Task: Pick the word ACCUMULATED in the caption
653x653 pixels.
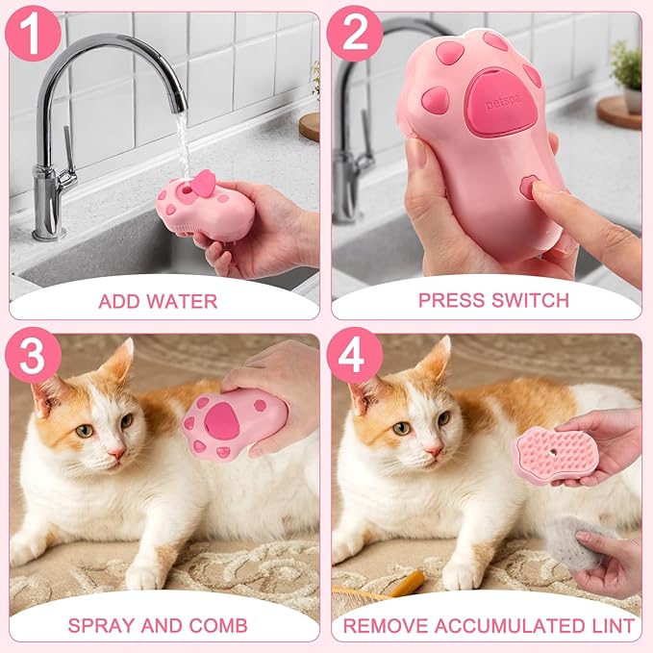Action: pyautogui.click(x=504, y=625)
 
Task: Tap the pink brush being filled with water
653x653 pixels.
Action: pyautogui.click(x=204, y=205)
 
